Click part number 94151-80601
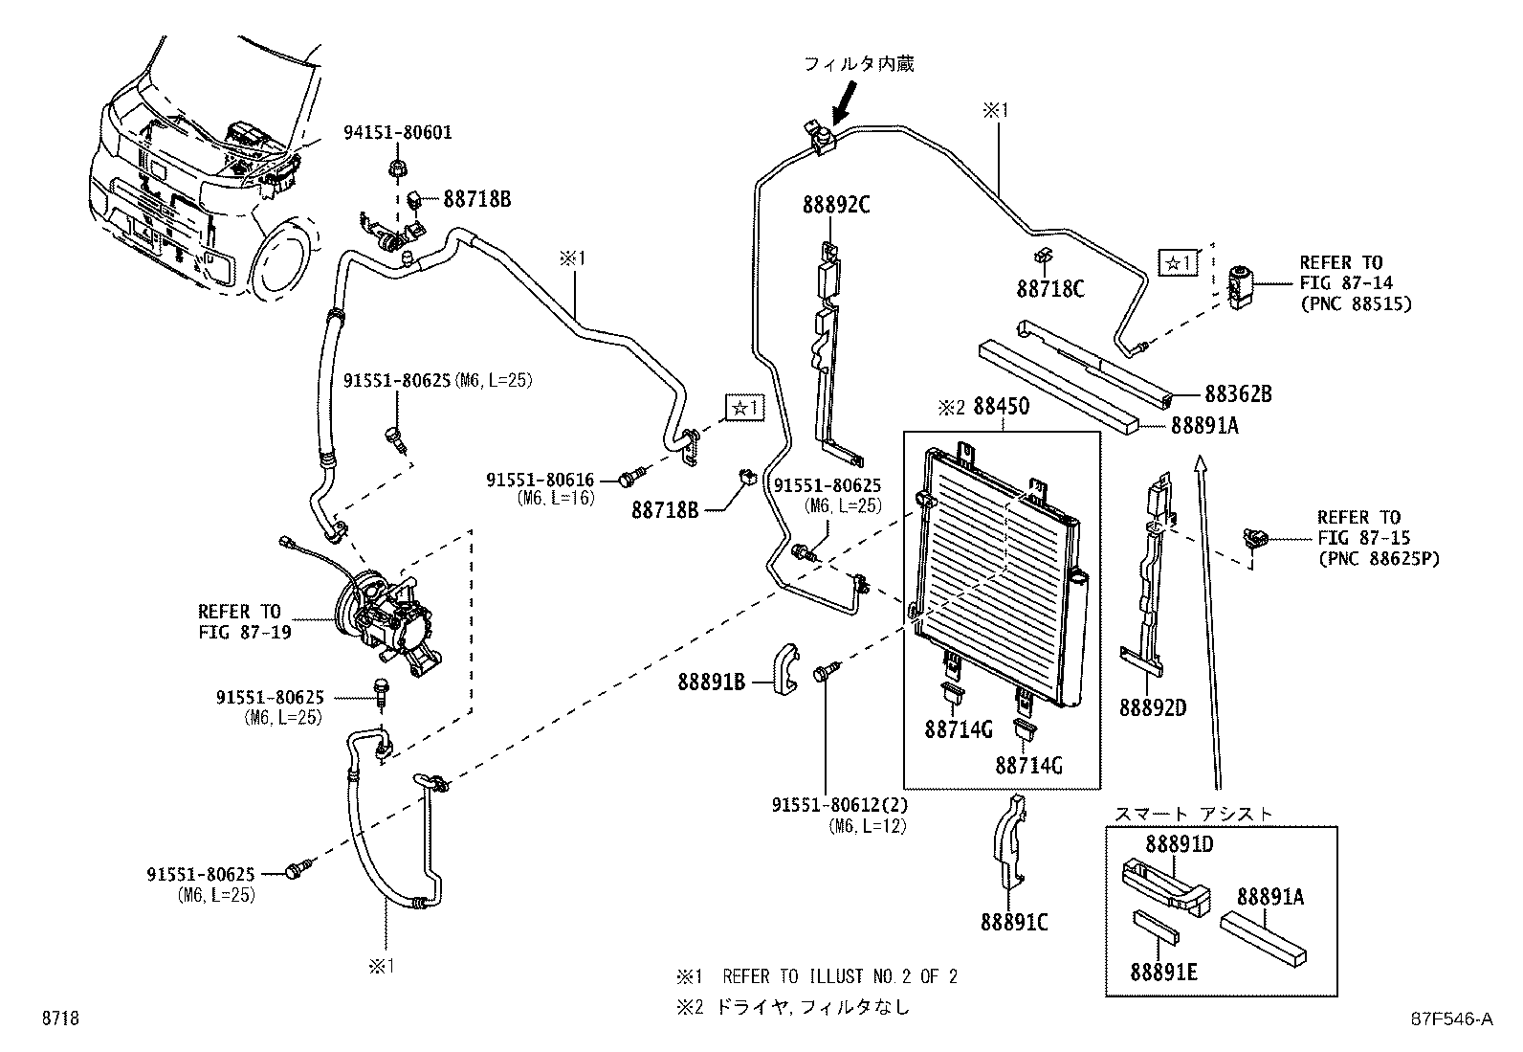[397, 133]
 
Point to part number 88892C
[835, 205]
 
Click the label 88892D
[1153, 707]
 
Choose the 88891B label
[711, 682]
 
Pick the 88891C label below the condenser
[1013, 922]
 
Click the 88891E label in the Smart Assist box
[1163, 972]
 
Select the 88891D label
[1179, 844]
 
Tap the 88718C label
[1050, 287]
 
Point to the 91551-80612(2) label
[839, 806]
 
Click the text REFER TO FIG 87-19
[239, 621]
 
